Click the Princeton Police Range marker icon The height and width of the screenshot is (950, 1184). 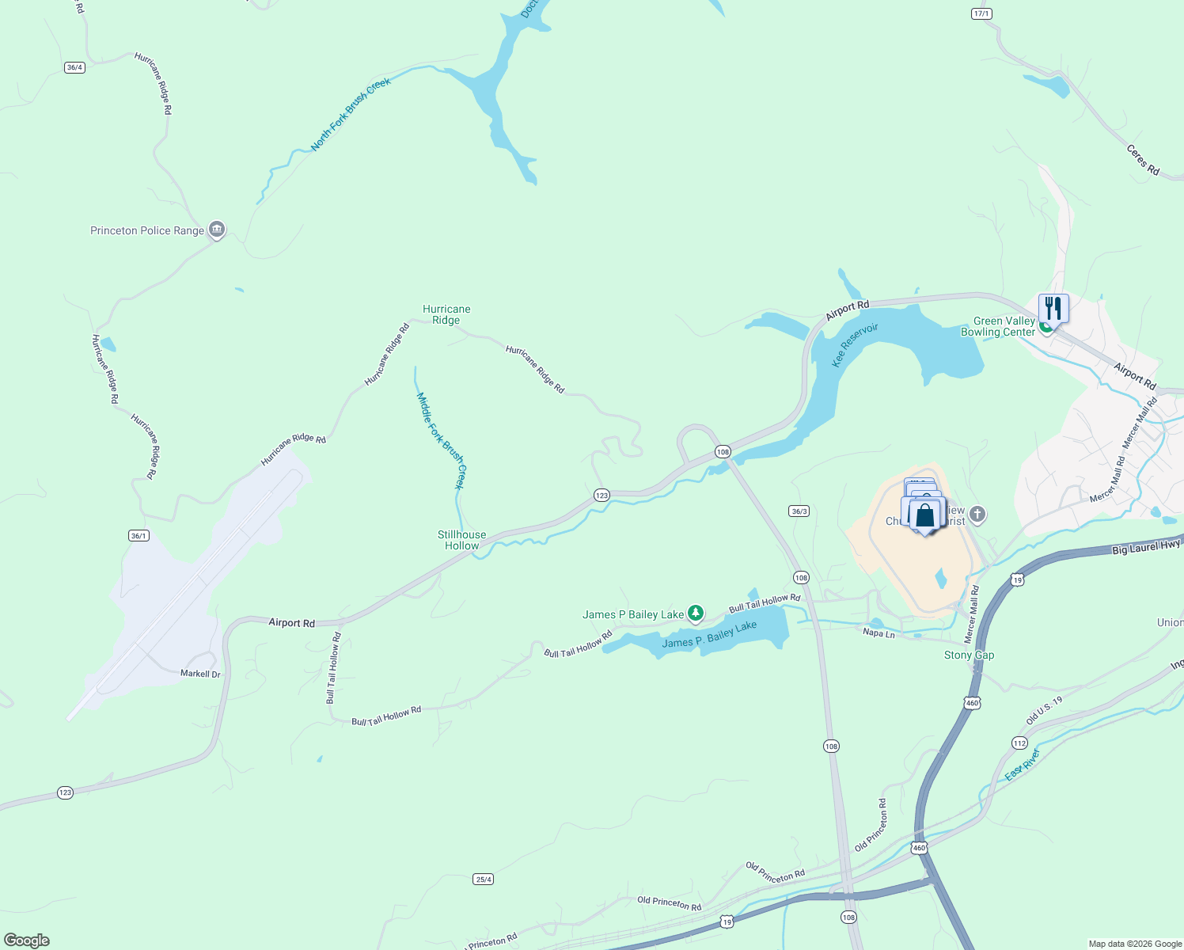pyautogui.click(x=217, y=230)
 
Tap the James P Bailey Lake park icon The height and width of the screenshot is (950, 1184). pyautogui.click(x=696, y=614)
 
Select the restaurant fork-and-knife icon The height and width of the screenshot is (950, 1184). pyautogui.click(x=1053, y=307)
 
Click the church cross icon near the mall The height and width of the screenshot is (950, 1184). pyautogui.click(x=977, y=515)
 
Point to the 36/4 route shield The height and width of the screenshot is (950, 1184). pyautogui.click(x=74, y=67)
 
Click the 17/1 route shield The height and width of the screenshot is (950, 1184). pyautogui.click(x=981, y=13)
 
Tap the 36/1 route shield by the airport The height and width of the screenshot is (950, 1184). pyautogui.click(x=139, y=536)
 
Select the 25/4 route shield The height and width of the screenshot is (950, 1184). pyautogui.click(x=484, y=879)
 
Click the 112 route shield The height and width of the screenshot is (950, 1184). pyautogui.click(x=1019, y=743)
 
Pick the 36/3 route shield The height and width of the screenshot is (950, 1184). pyautogui.click(x=799, y=511)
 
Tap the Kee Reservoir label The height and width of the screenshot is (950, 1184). pyautogui.click(x=855, y=344)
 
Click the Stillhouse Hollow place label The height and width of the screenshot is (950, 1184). pyautogui.click(x=462, y=540)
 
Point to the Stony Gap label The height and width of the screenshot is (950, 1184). pyautogui.click(x=969, y=655)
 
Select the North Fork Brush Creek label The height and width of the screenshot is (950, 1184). pyautogui.click(x=351, y=114)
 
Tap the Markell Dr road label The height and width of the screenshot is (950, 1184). pyautogui.click(x=200, y=674)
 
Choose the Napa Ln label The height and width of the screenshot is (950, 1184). pyautogui.click(x=879, y=633)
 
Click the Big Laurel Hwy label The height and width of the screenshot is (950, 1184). pyautogui.click(x=1146, y=547)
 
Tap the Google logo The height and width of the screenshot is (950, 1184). pyautogui.click(x=26, y=940)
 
